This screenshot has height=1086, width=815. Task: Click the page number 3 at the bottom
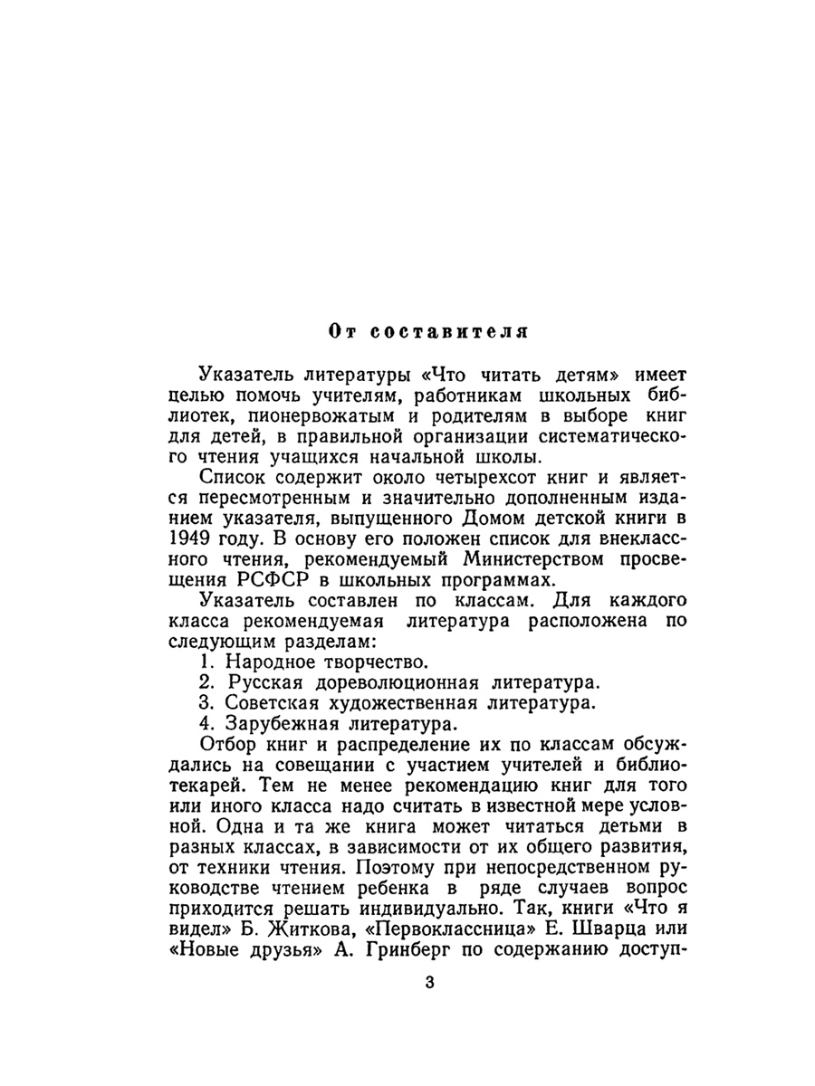coord(429,983)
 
